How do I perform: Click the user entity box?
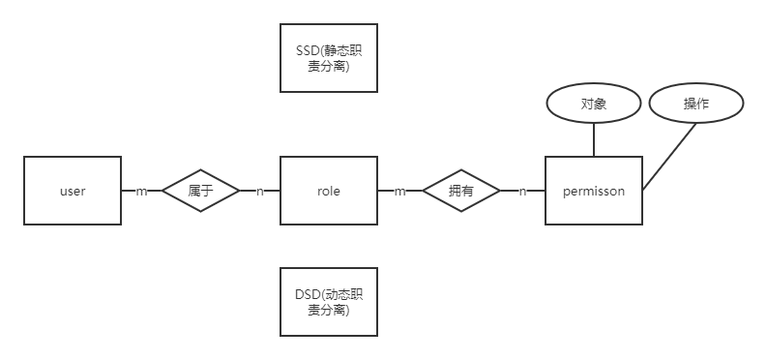click(x=73, y=191)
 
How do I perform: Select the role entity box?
click(x=329, y=191)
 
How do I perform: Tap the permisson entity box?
click(x=594, y=191)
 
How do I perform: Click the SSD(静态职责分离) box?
click(x=329, y=58)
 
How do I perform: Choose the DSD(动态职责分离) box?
click(x=329, y=301)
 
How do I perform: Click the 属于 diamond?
click(x=200, y=191)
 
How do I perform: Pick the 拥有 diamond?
click(x=461, y=191)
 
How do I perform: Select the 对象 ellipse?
click(x=594, y=105)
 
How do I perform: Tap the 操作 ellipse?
click(x=696, y=105)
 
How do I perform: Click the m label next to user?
click(x=141, y=192)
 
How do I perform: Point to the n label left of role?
click(x=259, y=192)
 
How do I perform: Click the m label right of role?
click(x=399, y=192)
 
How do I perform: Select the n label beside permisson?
click(x=523, y=192)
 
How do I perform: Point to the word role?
click(x=329, y=192)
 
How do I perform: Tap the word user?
click(x=73, y=192)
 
